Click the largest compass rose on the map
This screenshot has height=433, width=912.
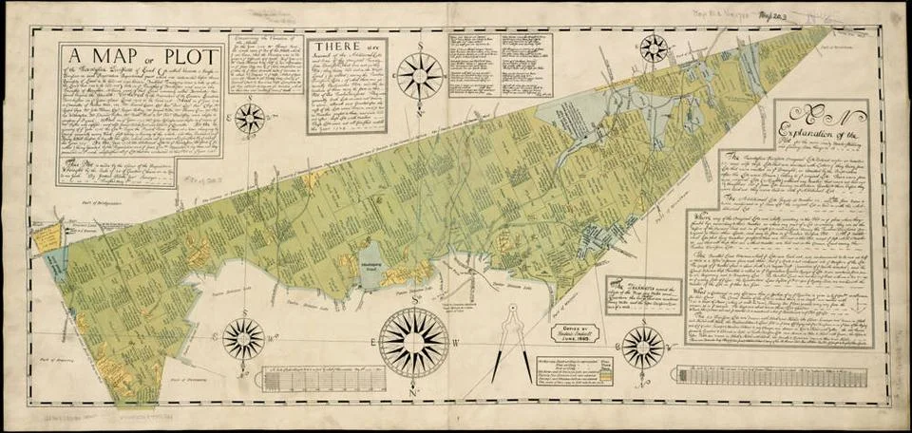point(414,343)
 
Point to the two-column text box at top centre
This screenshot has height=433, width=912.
point(501,64)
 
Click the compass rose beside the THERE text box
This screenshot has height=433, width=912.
point(420,75)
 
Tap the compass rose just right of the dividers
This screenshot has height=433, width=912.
point(643,347)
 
